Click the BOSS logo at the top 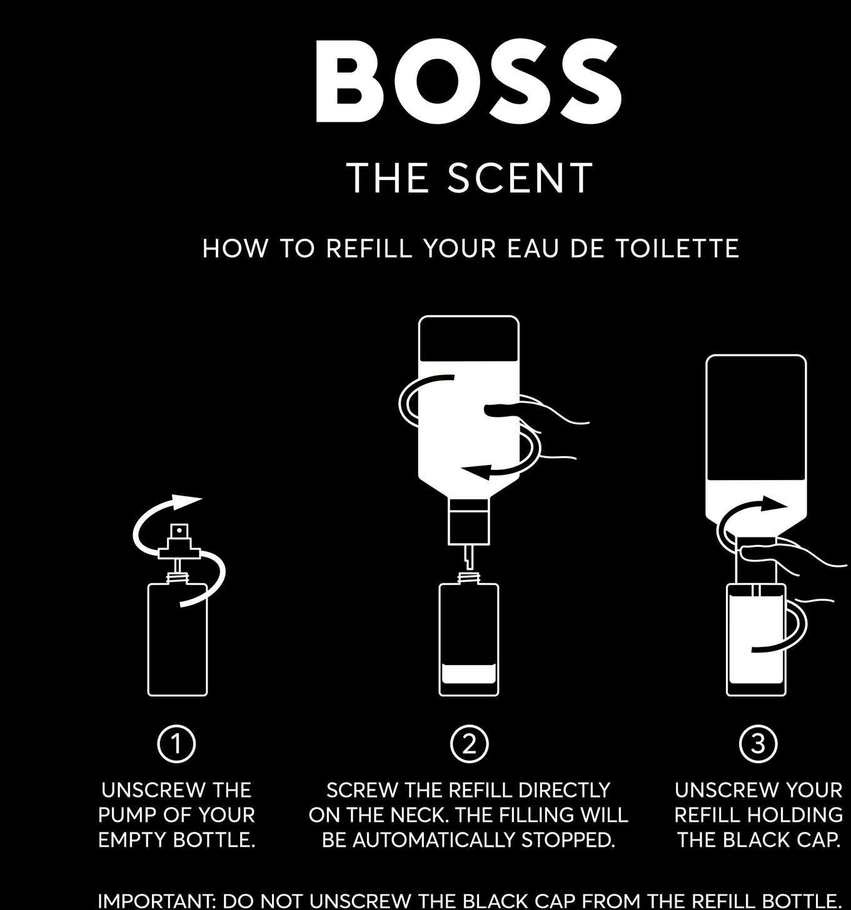coord(468,81)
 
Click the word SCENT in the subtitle coord(520,177)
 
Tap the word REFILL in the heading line coord(369,248)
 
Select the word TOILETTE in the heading coord(677,248)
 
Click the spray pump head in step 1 coord(179,541)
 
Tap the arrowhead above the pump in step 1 coord(186,502)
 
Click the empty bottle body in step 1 coord(178,640)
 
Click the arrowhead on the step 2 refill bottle coord(477,471)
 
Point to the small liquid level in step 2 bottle coord(468,674)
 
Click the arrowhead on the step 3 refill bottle coord(775,503)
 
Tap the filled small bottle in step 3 coord(756,640)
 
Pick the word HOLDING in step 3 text coord(795,815)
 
